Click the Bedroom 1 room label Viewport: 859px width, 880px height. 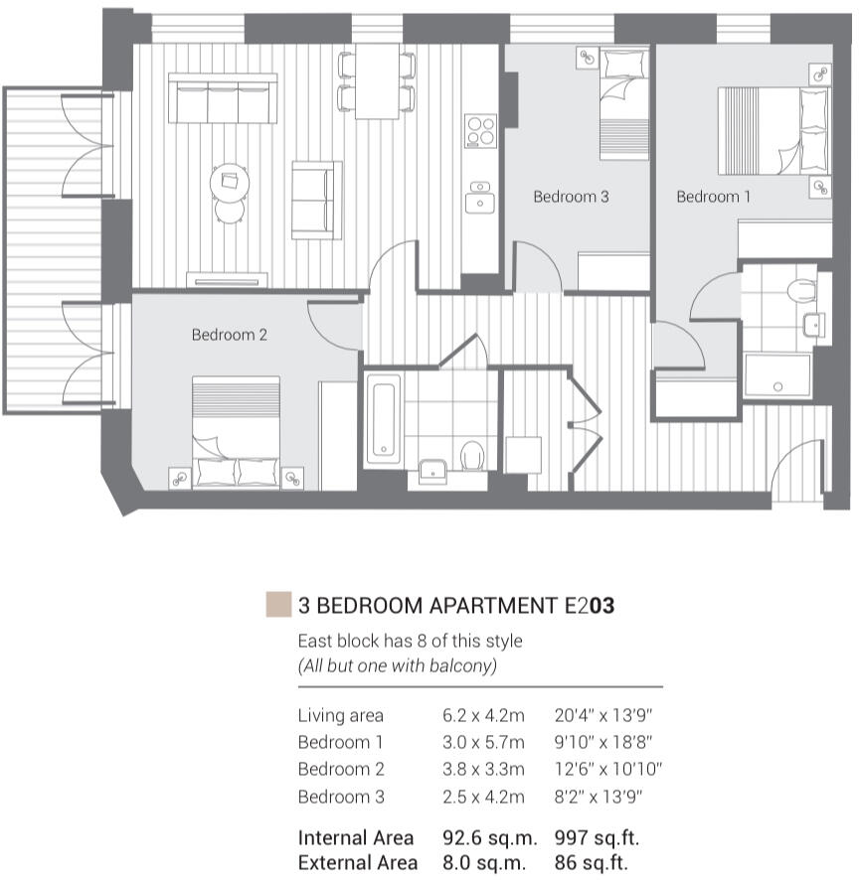click(x=714, y=197)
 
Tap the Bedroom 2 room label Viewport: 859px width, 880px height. click(x=229, y=335)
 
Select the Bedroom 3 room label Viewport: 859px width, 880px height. click(x=571, y=197)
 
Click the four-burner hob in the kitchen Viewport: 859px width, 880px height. click(x=481, y=131)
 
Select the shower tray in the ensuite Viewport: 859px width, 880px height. click(x=777, y=374)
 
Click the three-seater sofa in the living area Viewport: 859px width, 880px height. click(x=223, y=99)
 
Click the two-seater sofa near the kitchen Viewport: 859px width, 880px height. click(x=315, y=199)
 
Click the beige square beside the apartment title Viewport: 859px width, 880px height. click(x=278, y=604)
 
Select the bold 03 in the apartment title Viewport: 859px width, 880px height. click(x=602, y=605)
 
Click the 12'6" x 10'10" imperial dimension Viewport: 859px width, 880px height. click(x=607, y=769)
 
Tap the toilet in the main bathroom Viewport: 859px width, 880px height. click(x=472, y=455)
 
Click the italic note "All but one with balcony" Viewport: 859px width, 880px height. click(x=397, y=666)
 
